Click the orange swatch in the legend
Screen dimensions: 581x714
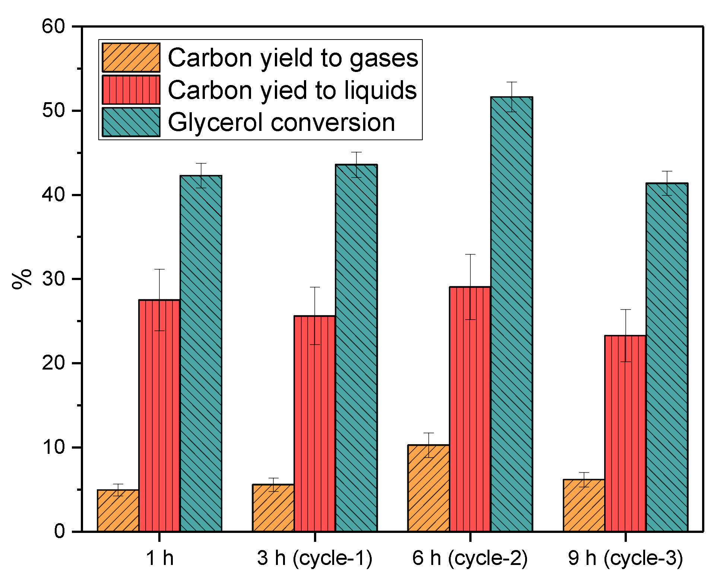point(131,57)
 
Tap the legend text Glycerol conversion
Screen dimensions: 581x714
point(281,122)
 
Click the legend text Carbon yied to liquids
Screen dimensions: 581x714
point(292,90)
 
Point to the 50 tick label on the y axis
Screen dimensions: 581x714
point(53,111)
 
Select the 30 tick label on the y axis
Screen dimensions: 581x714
point(53,279)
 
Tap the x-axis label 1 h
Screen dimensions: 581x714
point(159,558)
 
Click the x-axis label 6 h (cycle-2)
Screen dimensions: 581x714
point(470,558)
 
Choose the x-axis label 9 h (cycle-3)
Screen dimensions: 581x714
point(625,558)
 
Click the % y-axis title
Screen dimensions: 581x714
point(22,279)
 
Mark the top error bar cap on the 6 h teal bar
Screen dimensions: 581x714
point(511,82)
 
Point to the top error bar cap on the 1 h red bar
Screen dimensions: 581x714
point(159,269)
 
